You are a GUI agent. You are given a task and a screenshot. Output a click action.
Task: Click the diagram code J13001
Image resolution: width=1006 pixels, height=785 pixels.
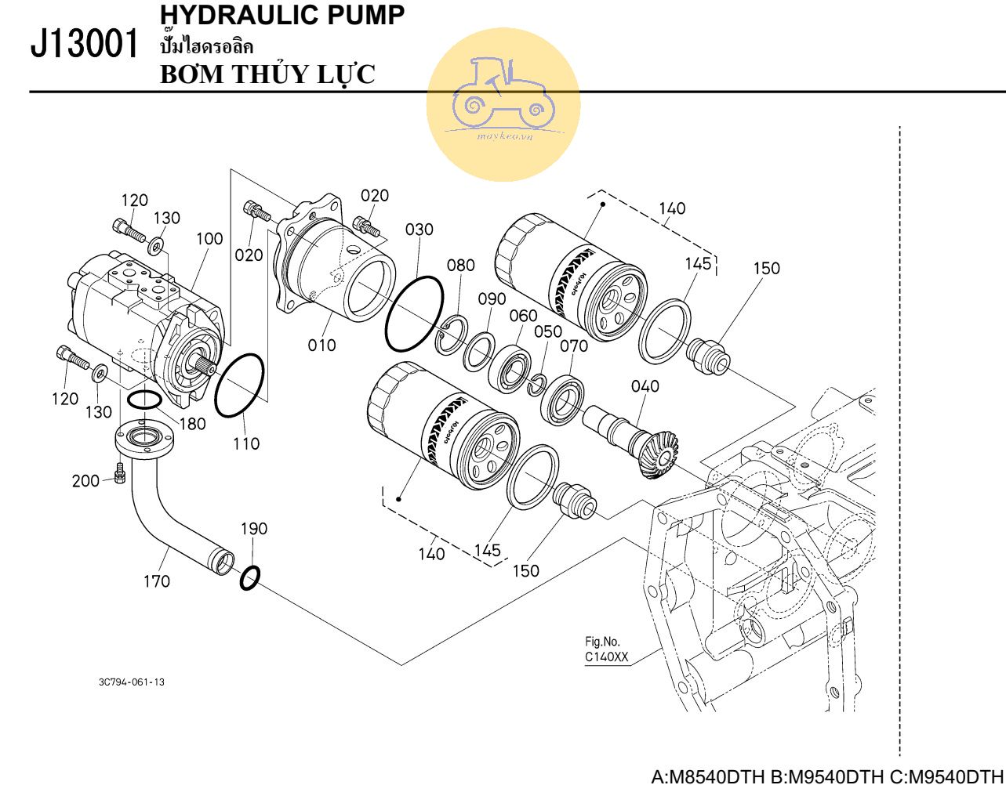(81, 45)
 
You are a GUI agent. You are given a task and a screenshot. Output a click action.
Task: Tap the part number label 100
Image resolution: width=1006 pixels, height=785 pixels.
(209, 239)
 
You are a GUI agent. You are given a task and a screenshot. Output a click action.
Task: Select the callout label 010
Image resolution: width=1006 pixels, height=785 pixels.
(321, 345)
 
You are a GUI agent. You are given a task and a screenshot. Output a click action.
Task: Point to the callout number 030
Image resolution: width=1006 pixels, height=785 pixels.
(419, 230)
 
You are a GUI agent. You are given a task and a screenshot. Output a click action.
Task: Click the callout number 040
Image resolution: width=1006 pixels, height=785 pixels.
(645, 385)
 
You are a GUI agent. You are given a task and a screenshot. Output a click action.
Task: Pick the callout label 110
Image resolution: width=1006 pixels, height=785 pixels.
(246, 443)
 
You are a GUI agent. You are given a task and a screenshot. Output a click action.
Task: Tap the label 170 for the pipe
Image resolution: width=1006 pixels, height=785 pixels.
(156, 581)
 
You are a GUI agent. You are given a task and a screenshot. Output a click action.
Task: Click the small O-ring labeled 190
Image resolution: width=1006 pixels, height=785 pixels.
(250, 578)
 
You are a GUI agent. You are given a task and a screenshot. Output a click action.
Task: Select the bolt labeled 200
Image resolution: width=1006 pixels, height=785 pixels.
(120, 473)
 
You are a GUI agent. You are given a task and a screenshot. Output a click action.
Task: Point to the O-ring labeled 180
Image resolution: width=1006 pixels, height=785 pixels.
(143, 400)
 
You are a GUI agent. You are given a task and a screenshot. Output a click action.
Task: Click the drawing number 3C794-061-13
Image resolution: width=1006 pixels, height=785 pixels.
(132, 682)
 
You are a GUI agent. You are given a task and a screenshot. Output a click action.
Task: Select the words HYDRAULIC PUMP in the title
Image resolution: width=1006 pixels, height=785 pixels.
(282, 13)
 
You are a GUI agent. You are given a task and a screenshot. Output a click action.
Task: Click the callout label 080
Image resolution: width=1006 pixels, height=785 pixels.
(461, 265)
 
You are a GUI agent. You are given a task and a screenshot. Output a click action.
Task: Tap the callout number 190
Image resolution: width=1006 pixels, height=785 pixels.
(254, 529)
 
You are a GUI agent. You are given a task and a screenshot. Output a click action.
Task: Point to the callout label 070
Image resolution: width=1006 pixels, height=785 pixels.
(573, 345)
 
